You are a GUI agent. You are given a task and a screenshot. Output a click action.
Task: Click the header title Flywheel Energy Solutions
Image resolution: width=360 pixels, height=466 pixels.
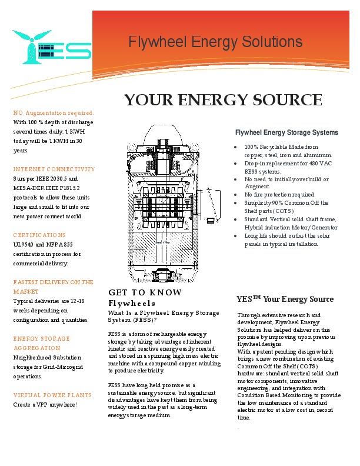point(215,42)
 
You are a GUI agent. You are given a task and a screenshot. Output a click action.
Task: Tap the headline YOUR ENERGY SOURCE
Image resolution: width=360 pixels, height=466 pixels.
point(223,100)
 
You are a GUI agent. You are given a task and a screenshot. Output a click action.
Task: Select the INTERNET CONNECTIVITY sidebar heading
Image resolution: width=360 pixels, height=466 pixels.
point(54,169)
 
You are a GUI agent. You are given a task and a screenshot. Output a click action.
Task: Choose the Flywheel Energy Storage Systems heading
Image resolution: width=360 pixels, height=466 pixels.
point(286,132)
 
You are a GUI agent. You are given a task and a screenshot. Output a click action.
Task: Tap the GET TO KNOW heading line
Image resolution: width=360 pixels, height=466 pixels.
point(145,292)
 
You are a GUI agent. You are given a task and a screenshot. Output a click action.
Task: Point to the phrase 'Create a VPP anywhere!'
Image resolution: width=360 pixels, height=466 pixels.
point(45,404)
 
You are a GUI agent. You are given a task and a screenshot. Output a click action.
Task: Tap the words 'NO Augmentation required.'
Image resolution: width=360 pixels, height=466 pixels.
point(53,112)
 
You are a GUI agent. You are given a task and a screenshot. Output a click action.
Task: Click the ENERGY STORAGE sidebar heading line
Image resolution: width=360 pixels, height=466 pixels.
point(41,338)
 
